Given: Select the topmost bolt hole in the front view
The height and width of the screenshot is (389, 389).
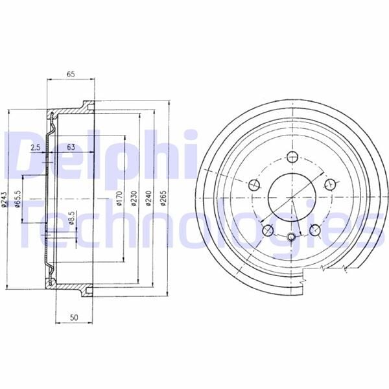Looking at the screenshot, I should point(291,156).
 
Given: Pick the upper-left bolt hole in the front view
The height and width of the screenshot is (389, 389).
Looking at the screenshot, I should point(253,185).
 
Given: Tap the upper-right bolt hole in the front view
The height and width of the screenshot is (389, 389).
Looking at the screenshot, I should point(329,185).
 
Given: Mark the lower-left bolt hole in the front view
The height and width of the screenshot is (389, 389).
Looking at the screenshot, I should point(267,229).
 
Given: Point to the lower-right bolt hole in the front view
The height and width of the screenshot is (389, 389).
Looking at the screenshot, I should point(315,229).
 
